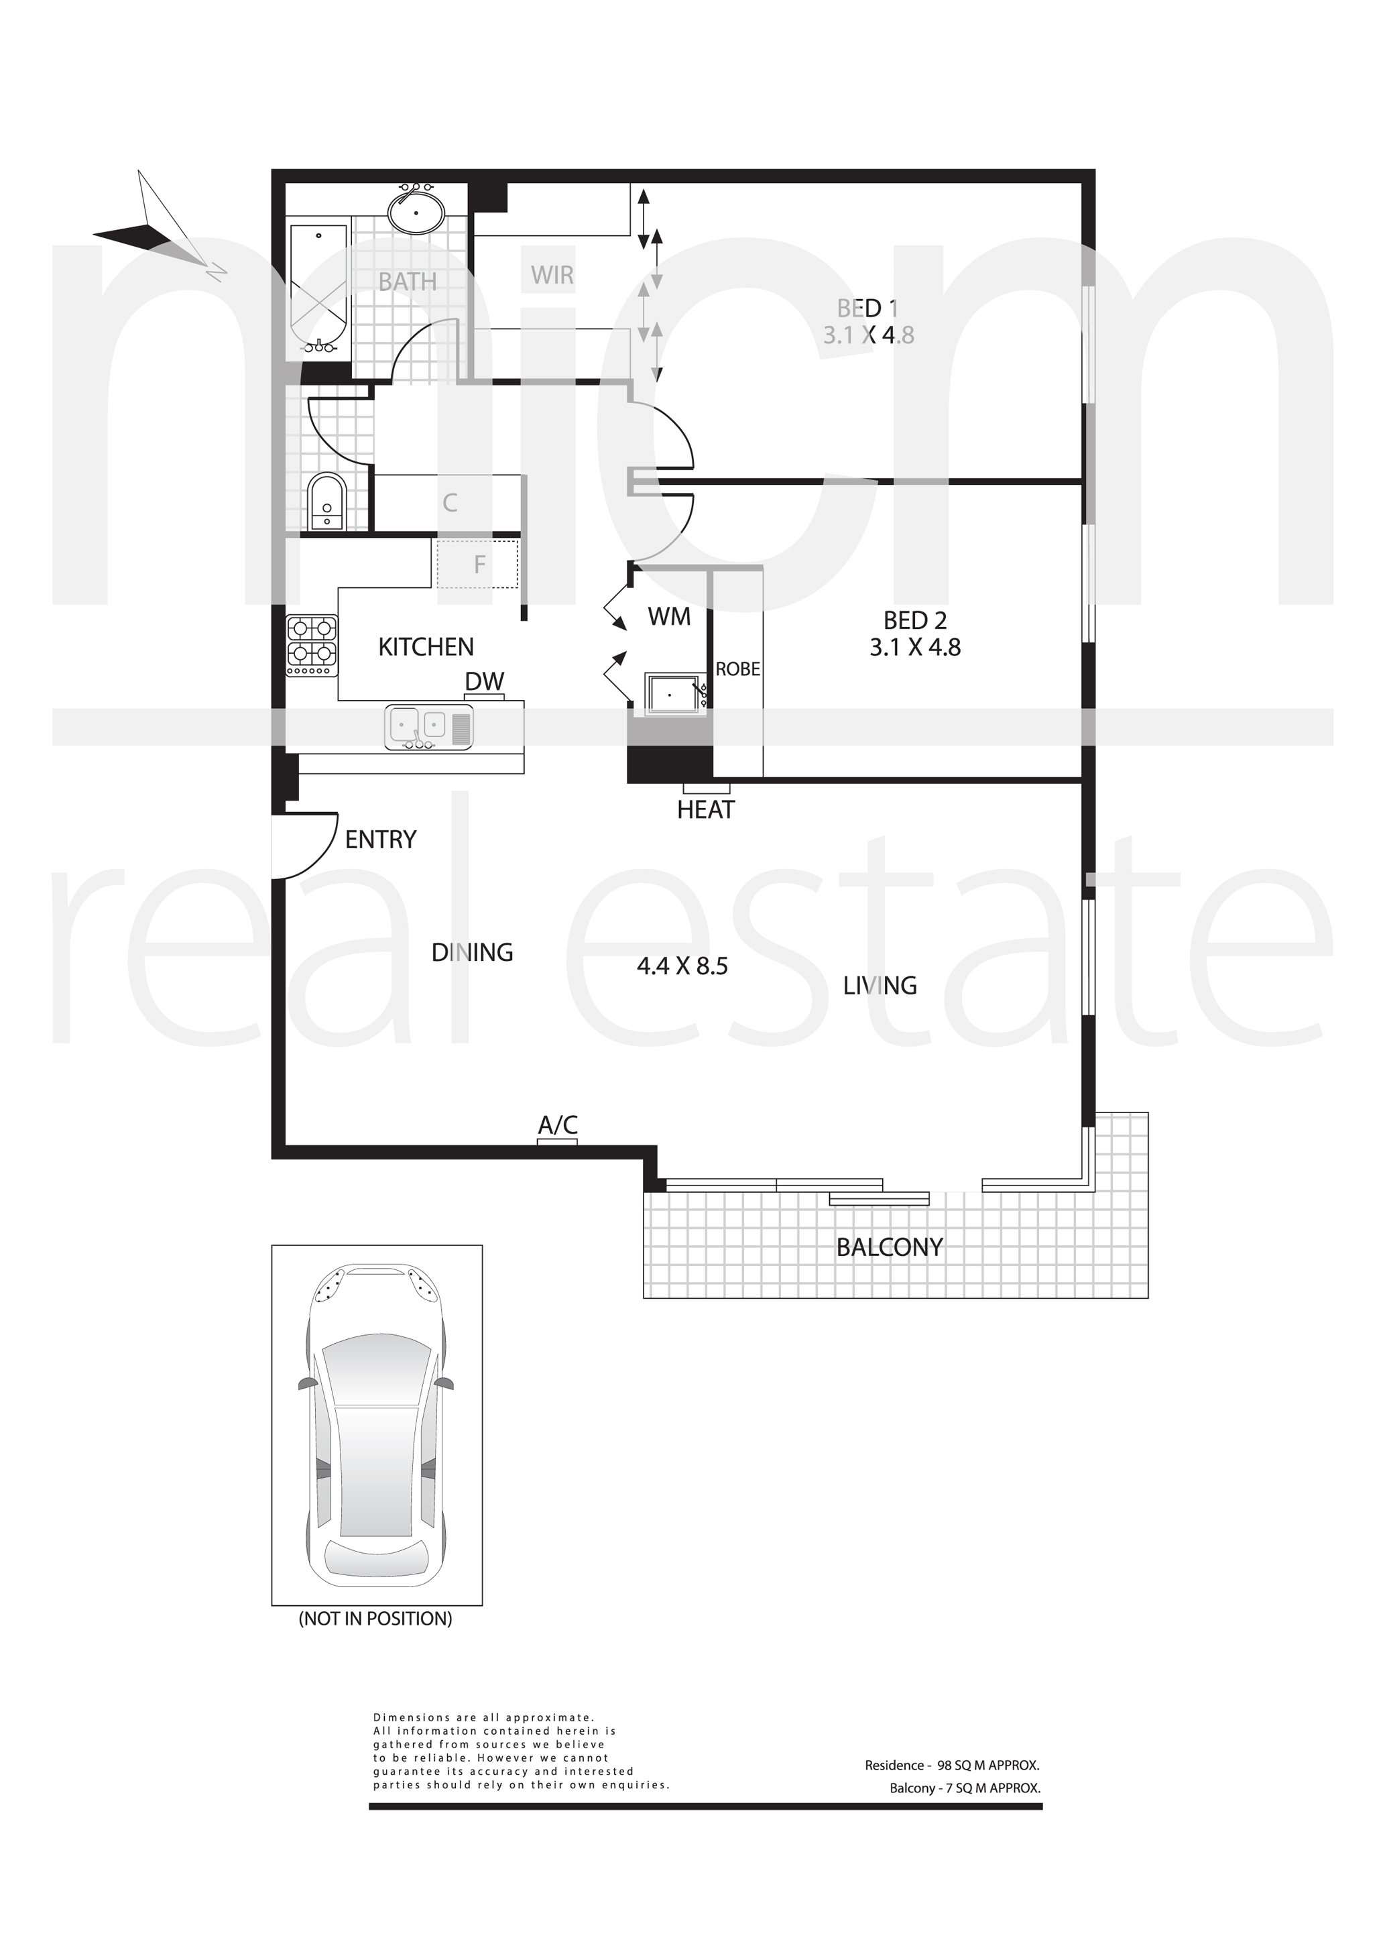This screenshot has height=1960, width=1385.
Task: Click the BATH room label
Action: (x=407, y=281)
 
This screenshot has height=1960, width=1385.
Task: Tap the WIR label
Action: (x=552, y=275)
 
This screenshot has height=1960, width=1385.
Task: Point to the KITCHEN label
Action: (x=426, y=647)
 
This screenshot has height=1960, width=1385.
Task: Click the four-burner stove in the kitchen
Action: (x=312, y=646)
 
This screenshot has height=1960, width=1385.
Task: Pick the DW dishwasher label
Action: (x=485, y=681)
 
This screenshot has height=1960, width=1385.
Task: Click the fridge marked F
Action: (x=478, y=565)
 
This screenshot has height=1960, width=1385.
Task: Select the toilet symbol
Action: (x=326, y=503)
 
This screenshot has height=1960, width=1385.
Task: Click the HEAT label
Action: (x=706, y=809)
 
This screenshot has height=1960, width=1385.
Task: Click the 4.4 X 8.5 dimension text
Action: (x=682, y=966)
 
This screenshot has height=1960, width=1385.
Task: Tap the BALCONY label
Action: (x=889, y=1248)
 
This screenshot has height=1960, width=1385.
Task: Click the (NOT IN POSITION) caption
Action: (x=375, y=1619)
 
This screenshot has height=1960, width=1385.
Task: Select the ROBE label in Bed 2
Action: (x=737, y=669)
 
